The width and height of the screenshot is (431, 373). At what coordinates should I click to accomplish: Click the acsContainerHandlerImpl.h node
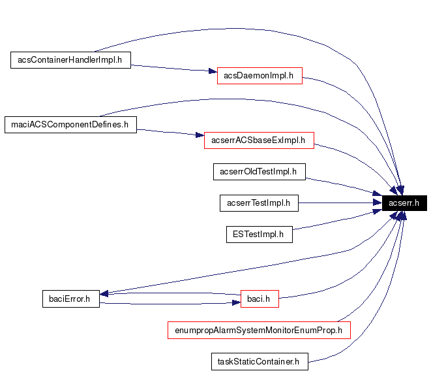[71, 60]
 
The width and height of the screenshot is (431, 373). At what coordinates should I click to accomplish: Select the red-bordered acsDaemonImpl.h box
[259, 76]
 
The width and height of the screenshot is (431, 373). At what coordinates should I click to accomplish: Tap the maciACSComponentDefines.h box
[70, 124]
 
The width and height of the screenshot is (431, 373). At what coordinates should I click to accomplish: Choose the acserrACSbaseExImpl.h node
[259, 140]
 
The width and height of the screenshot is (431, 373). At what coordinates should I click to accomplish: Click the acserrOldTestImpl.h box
[259, 172]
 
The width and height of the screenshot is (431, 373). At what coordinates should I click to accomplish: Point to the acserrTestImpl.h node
[259, 203]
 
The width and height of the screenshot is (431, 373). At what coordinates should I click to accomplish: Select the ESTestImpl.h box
[259, 234]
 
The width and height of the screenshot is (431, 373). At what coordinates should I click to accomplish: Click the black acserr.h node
[404, 203]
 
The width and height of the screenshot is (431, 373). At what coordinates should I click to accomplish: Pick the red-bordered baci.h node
[260, 299]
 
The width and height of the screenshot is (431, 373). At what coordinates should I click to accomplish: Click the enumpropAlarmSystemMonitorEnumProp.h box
[259, 331]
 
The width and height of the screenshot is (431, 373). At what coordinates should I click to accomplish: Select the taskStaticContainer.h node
[259, 361]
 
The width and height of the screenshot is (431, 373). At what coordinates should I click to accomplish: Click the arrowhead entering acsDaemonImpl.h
[211, 72]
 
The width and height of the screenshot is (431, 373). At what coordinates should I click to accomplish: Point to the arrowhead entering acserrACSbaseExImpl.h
[200, 136]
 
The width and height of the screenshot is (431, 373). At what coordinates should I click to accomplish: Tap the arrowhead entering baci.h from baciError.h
[235, 302]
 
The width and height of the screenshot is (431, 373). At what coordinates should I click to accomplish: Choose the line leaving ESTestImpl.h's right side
[333, 221]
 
